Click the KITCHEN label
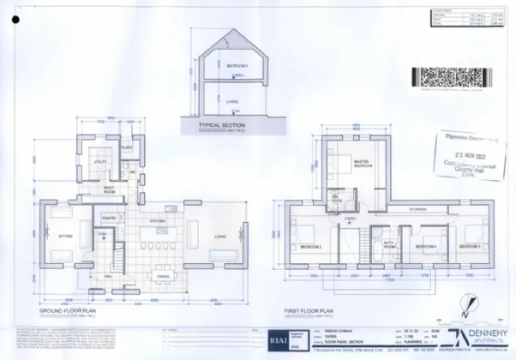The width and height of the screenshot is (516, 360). tap(157, 220)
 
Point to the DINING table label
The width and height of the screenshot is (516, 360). tap(162, 276)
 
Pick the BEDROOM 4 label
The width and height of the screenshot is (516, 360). tap(426, 246)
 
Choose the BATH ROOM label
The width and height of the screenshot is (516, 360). tap(387, 243)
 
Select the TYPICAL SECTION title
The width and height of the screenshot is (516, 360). tap(222, 124)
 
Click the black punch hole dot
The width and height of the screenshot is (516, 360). tap(15, 18)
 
